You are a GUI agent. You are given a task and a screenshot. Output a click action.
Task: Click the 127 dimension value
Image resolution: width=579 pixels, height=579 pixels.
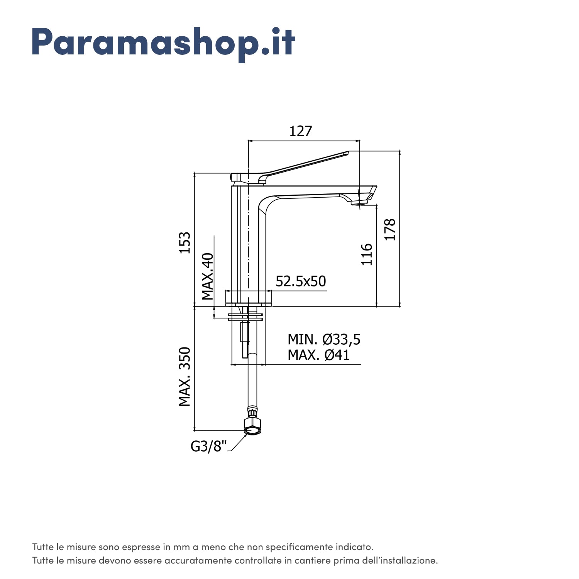[300, 132]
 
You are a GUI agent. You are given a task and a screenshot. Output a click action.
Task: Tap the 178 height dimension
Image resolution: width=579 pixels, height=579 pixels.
[390, 230]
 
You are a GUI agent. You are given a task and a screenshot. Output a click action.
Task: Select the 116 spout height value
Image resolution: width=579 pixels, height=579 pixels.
[367, 254]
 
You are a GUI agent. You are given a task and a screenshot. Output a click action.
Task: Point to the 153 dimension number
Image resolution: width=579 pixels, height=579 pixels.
[185, 242]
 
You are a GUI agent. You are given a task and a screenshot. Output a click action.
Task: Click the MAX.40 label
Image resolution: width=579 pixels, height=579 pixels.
[208, 276]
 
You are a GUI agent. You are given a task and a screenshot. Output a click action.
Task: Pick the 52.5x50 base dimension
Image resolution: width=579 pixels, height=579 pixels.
[301, 281]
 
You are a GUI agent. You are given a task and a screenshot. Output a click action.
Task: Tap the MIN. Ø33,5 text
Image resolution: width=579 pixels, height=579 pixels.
[324, 340]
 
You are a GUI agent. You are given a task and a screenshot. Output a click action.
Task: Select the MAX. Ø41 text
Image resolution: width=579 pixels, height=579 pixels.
[318, 355]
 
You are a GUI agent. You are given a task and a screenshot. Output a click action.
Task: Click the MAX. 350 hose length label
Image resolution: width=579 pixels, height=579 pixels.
[185, 377]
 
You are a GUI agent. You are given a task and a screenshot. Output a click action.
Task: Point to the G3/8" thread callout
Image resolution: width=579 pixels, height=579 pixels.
[209, 447]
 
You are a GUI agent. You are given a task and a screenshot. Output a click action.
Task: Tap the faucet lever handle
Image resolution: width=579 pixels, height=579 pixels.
[301, 165]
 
